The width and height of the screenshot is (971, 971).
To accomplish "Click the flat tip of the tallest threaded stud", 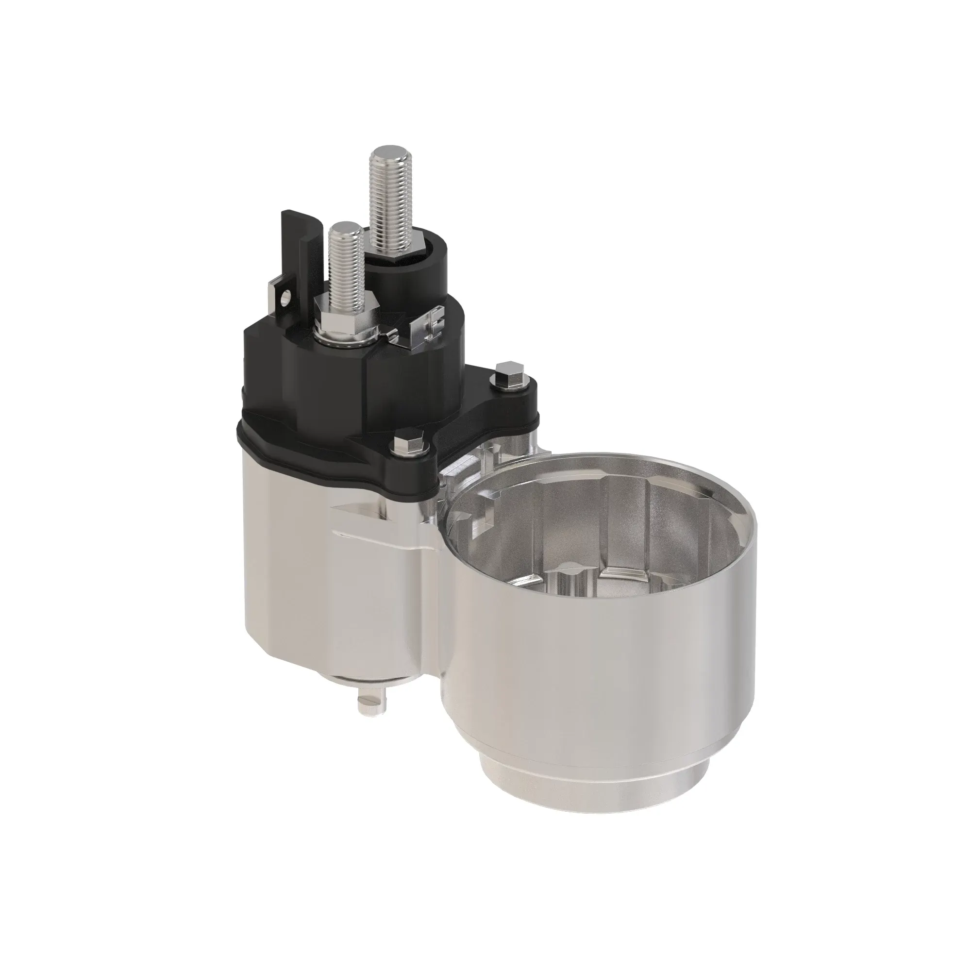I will coord(387,151).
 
